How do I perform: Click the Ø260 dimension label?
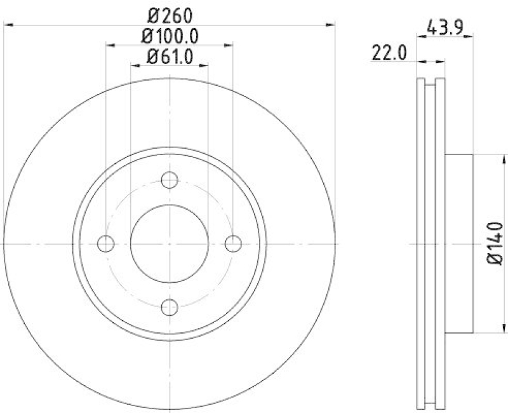170,13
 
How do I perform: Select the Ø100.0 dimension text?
170,36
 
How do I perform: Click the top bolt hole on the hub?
170,180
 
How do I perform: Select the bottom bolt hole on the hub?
170,308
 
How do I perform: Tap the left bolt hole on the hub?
106,243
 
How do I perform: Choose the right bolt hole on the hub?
234,243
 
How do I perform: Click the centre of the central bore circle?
170,243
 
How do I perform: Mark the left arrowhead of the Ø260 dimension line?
8,24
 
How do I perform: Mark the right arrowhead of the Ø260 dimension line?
331,24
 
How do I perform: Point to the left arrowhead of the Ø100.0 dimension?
109,45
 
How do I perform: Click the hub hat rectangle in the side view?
459,243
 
